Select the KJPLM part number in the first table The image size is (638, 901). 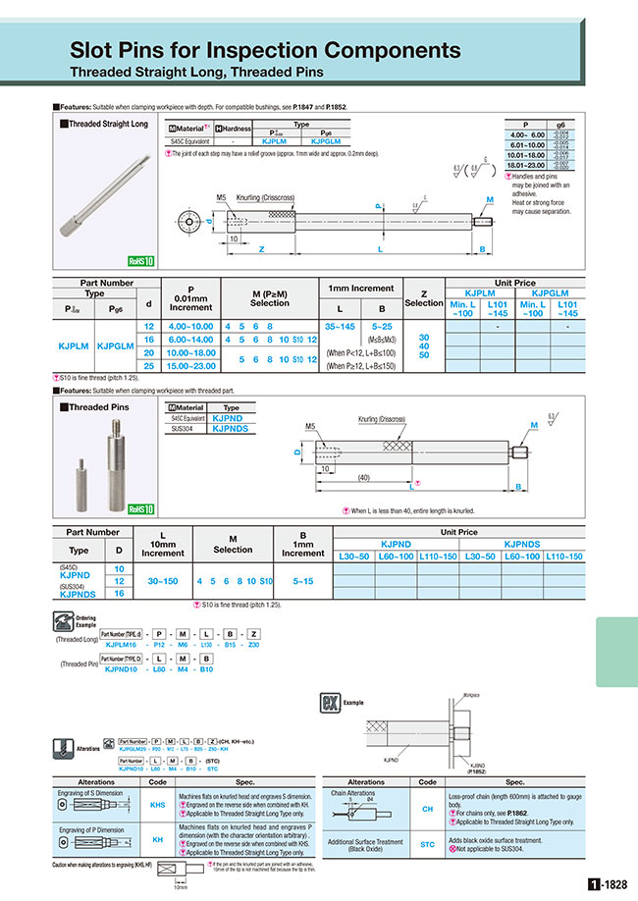76,345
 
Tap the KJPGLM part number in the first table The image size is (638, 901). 118,345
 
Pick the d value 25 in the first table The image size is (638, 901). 149,365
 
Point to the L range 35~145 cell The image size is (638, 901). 340,325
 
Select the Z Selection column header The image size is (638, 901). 424,297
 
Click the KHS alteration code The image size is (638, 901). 157,805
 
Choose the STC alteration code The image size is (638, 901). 427,844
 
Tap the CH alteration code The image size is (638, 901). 427,807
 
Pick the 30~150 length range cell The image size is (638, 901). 161,581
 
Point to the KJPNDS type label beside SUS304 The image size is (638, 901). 78,594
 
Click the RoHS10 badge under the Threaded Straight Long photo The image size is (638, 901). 141,261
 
